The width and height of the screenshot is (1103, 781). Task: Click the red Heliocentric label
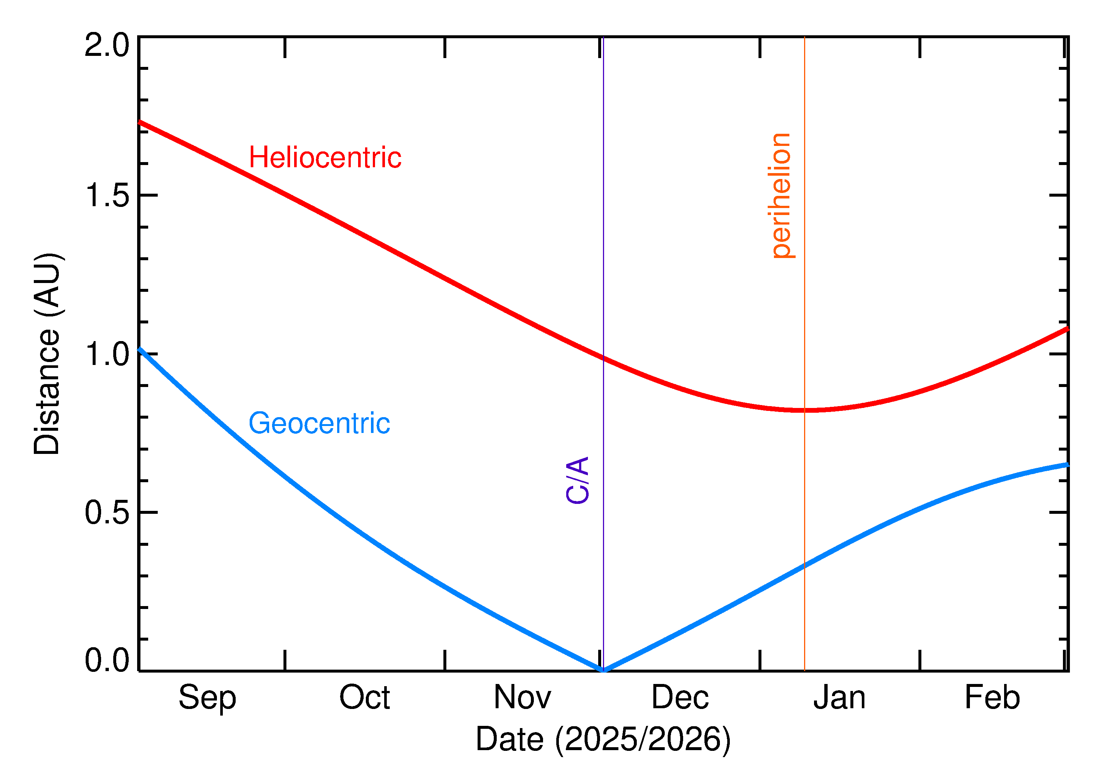[x=325, y=158]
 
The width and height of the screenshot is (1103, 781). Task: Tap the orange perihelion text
[x=781, y=196]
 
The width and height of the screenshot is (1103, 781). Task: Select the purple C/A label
[x=578, y=480]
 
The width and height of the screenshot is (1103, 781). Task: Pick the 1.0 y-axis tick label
[x=107, y=354]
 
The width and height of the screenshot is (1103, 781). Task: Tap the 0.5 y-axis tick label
[x=107, y=513]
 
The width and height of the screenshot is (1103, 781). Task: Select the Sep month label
[x=207, y=698]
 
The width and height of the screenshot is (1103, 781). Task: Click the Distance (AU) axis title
[x=47, y=354]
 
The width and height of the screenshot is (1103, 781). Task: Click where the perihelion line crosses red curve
[x=804, y=410]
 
